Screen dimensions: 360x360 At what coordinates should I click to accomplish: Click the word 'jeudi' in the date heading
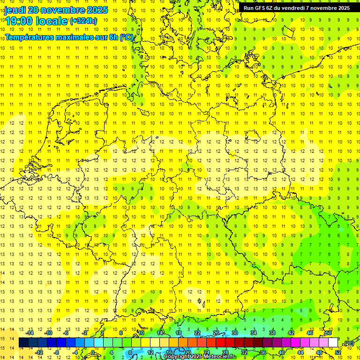[15, 10]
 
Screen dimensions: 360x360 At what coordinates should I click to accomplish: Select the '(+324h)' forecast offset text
[83, 21]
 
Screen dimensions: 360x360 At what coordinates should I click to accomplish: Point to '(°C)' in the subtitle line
[127, 37]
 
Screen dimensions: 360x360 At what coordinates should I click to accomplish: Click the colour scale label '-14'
[31, 333]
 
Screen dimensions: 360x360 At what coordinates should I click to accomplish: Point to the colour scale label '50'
[329, 333]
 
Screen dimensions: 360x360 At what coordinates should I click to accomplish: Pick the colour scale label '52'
[338, 352]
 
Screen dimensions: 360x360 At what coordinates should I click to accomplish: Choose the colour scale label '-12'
[39, 352]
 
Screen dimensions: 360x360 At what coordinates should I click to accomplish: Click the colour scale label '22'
[197, 333]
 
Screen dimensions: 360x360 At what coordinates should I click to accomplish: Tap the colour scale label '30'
[235, 333]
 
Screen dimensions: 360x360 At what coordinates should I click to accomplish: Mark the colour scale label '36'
[263, 352]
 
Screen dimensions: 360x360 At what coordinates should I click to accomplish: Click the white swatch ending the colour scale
[333, 343]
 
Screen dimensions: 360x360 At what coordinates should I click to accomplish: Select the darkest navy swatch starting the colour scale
[23, 343]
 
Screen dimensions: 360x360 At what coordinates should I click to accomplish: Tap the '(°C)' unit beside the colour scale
[348, 343]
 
